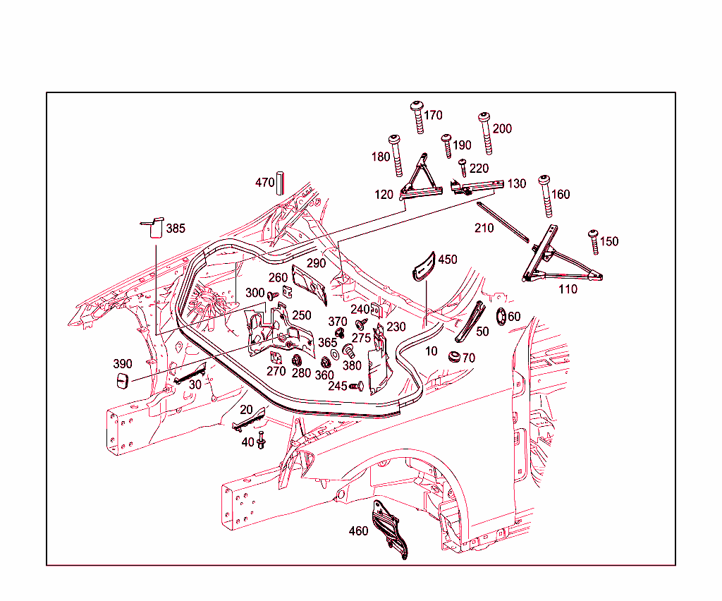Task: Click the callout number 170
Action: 433,115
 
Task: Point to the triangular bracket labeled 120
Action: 422,179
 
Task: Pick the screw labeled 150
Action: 594,241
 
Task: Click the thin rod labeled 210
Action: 501,221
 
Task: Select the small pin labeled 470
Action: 280,181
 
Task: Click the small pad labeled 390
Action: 122,382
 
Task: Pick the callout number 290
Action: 316,263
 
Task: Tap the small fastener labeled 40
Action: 261,441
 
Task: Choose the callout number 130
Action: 516,183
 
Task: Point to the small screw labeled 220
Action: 463,167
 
